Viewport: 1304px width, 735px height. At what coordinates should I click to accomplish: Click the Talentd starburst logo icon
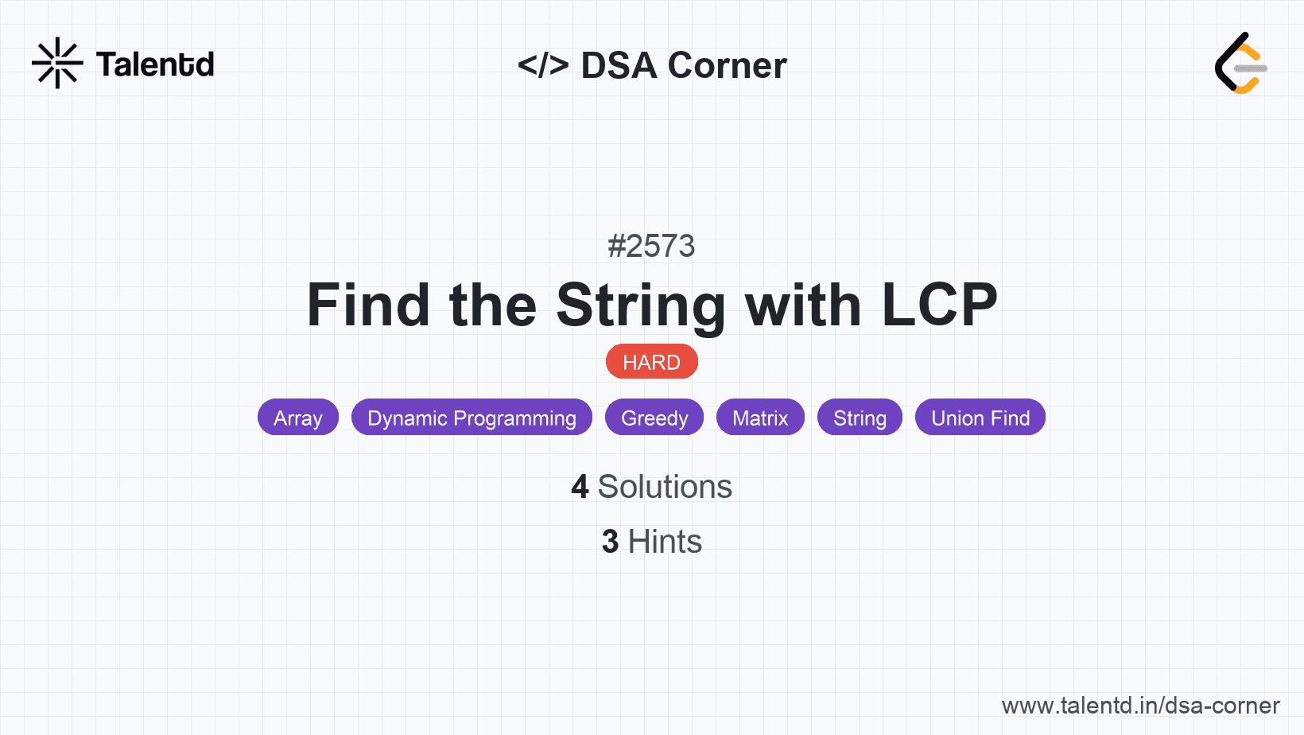(57, 63)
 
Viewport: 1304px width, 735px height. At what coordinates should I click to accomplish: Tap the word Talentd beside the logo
(155, 64)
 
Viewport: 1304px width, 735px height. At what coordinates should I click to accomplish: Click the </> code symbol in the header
(543, 65)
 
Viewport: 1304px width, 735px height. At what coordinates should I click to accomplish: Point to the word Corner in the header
(727, 65)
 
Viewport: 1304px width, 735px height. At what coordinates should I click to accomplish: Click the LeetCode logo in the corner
(1240, 63)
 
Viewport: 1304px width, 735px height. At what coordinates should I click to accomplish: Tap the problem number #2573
(651, 246)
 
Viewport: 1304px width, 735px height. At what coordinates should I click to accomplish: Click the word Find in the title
(368, 305)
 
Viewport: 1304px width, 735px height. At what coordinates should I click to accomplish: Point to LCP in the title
(940, 305)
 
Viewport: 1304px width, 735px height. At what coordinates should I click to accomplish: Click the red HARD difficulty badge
(651, 362)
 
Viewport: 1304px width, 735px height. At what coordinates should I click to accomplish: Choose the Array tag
(298, 417)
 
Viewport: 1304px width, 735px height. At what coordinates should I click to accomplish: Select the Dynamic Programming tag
(472, 417)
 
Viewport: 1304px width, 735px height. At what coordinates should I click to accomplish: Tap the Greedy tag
(654, 417)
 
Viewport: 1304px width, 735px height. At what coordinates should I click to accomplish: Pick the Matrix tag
(760, 417)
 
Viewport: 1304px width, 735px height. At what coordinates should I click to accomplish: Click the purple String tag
(860, 417)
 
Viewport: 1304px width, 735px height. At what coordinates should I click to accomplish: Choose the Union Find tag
(980, 417)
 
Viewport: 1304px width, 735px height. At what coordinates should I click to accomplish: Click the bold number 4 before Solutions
(580, 487)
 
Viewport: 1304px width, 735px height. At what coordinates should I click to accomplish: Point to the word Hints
(665, 542)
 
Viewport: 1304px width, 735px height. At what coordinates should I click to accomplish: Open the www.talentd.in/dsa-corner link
(1140, 706)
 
